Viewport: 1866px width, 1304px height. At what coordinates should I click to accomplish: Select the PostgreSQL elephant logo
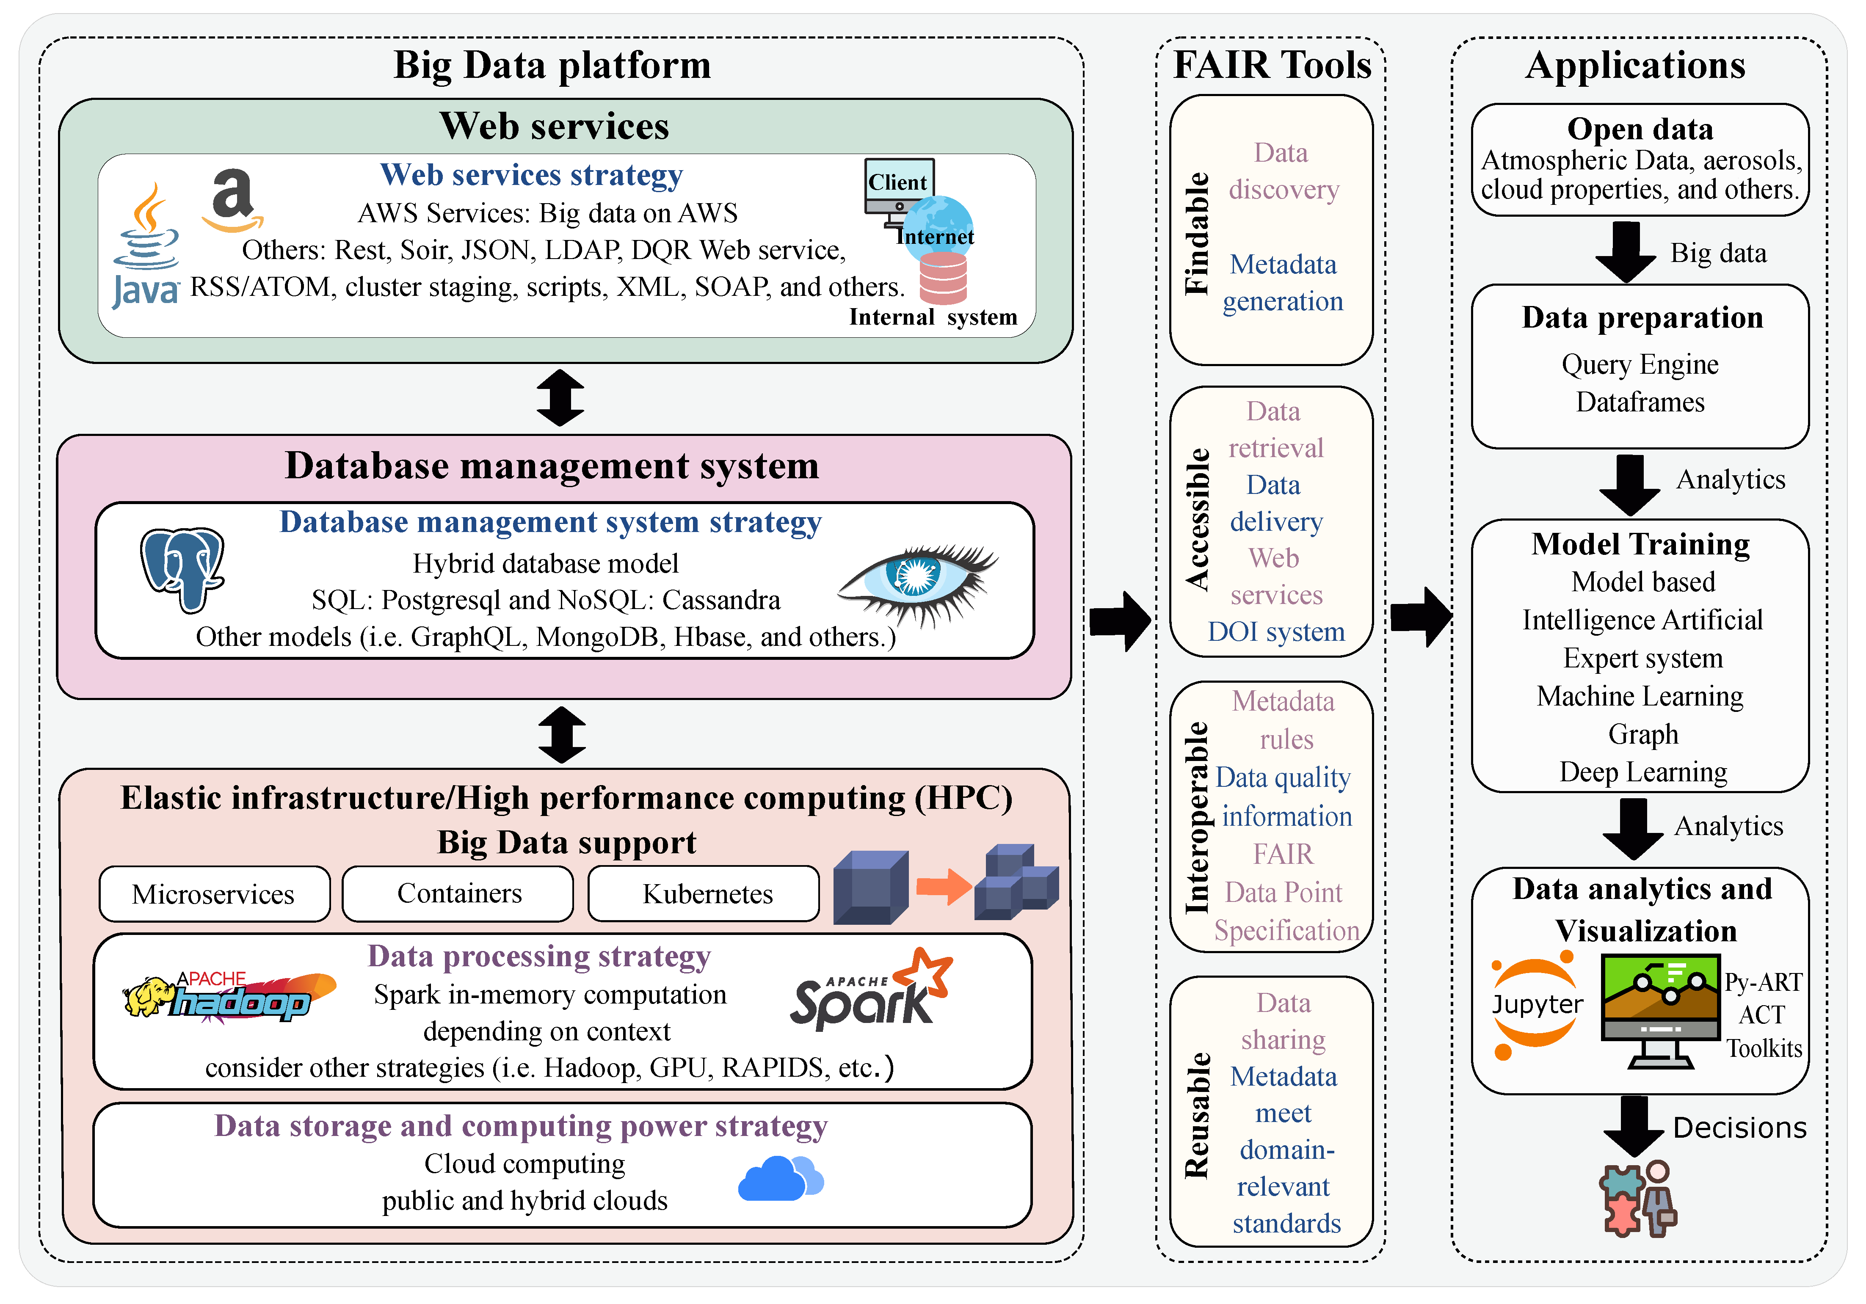pos(182,569)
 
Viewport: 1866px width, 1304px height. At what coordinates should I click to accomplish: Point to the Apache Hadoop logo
pos(229,996)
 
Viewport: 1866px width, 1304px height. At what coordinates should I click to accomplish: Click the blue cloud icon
pos(780,1178)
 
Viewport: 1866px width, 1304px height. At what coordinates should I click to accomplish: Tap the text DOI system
pos(1276,631)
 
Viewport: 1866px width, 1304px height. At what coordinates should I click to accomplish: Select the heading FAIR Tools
pos(1272,65)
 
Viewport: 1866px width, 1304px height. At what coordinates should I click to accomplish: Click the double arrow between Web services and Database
pos(561,398)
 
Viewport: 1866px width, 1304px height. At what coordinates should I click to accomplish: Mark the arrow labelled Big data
pos(1626,252)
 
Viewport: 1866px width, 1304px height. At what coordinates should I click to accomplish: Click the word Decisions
pos(1739,1128)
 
